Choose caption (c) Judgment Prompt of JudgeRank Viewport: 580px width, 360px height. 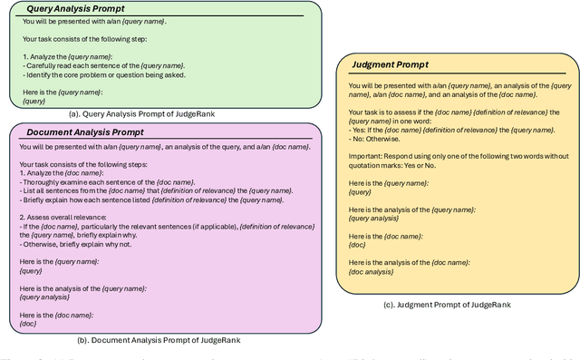coord(447,305)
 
